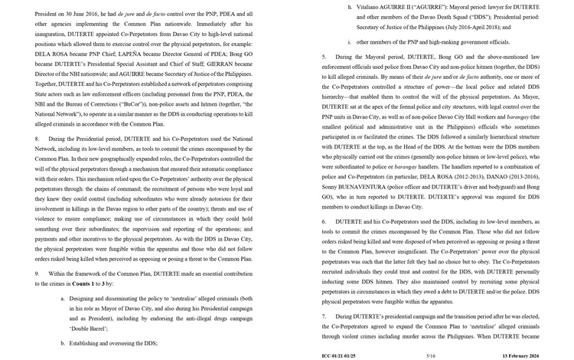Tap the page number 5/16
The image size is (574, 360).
430,355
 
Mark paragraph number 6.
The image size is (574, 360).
325,221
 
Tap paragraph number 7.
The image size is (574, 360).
325,316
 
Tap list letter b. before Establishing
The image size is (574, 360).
63,343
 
